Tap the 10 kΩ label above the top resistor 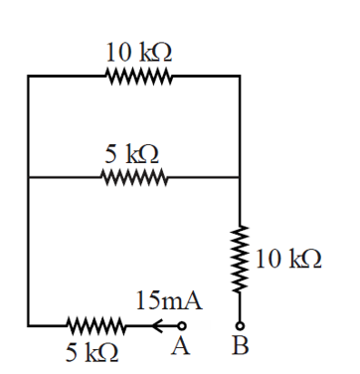(x=136, y=53)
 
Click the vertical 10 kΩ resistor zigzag (x=240, y=261)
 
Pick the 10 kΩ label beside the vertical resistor (x=288, y=260)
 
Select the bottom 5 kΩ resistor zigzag (x=94, y=324)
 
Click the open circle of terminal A (x=181, y=324)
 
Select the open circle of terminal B (x=240, y=324)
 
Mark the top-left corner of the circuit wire (x=28, y=75)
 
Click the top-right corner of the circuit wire (x=240, y=75)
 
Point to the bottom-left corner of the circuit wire (x=28, y=324)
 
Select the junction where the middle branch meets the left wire (x=28, y=177)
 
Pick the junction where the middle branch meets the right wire (x=240, y=177)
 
